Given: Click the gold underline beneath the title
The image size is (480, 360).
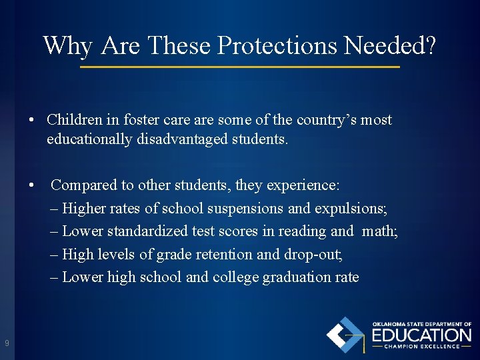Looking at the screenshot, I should click(x=240, y=67).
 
